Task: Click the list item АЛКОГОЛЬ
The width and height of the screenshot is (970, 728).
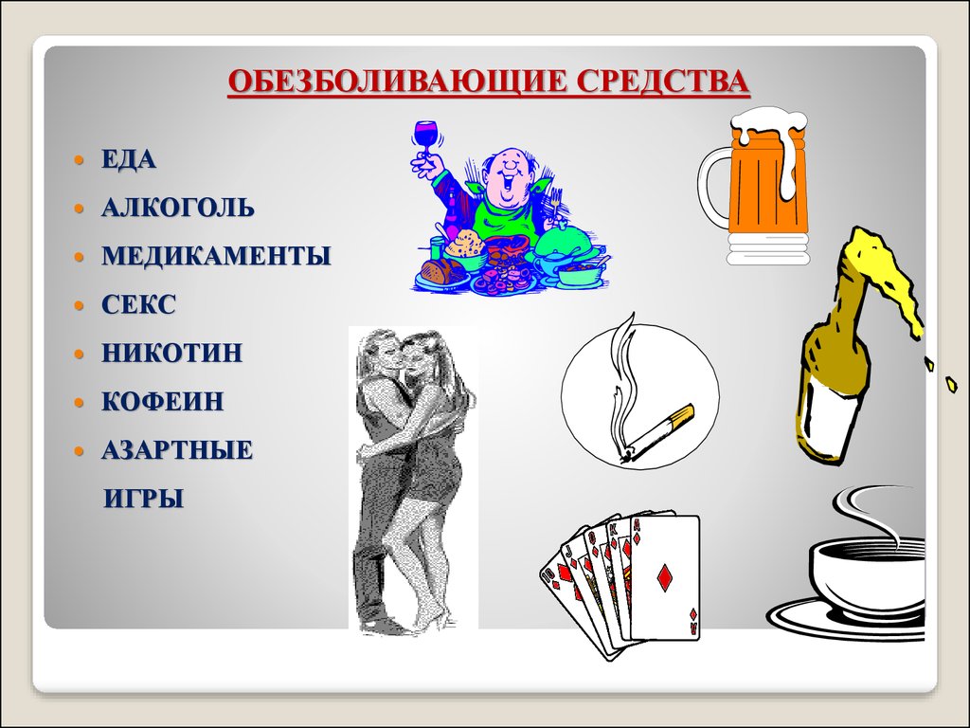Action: [x=178, y=208]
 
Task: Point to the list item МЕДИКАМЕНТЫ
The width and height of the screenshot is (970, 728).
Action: [x=216, y=256]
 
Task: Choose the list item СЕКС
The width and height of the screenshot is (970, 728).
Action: [x=139, y=305]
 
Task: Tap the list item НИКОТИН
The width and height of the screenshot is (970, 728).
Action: [x=172, y=354]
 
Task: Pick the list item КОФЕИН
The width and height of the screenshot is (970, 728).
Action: [x=163, y=402]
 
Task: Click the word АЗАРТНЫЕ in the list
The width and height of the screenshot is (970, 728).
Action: [x=177, y=450]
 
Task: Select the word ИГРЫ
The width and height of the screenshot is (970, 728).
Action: [x=143, y=499]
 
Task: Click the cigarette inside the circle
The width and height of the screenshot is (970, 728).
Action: [x=661, y=432]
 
